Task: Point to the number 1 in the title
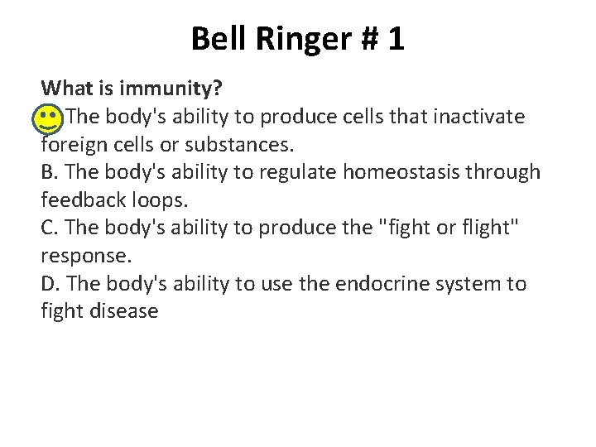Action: pyautogui.click(x=395, y=39)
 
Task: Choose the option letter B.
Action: pyautogui.click(x=48, y=172)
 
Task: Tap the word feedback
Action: pyautogui.click(x=79, y=200)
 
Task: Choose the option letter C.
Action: pyautogui.click(x=48, y=228)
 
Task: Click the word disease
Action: pyautogui.click(x=123, y=312)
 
